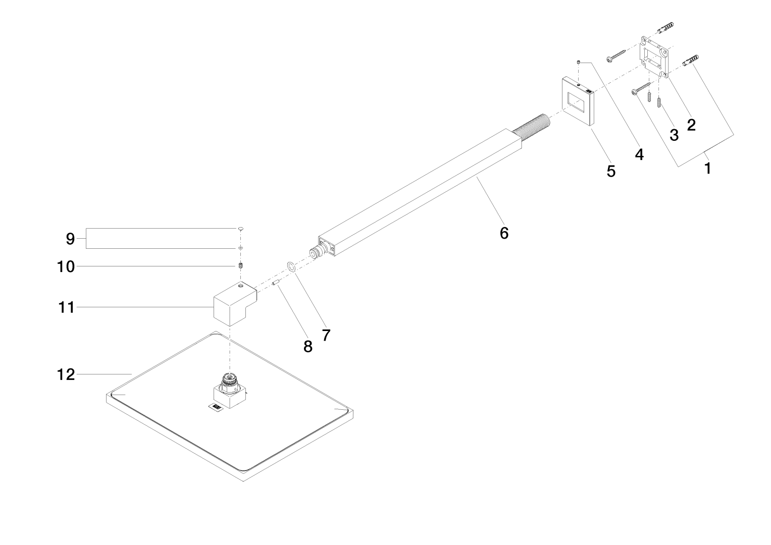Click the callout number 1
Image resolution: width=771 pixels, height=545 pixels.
point(708,168)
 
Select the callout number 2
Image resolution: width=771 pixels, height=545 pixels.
point(691,125)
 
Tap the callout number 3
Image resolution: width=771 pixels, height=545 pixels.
point(674,135)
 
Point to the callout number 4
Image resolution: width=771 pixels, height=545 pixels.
point(639,154)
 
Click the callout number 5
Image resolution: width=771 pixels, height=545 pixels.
point(611,171)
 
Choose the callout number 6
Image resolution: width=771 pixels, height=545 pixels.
point(504,233)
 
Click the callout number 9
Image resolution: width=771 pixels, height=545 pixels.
point(70,239)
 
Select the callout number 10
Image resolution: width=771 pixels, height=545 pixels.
point(66,266)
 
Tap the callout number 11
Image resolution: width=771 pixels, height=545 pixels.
point(66,307)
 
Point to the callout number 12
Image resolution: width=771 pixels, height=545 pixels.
point(66,374)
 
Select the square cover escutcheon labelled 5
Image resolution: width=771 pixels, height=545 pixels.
point(578,100)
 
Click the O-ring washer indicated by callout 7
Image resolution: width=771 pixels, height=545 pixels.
point(291,266)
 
